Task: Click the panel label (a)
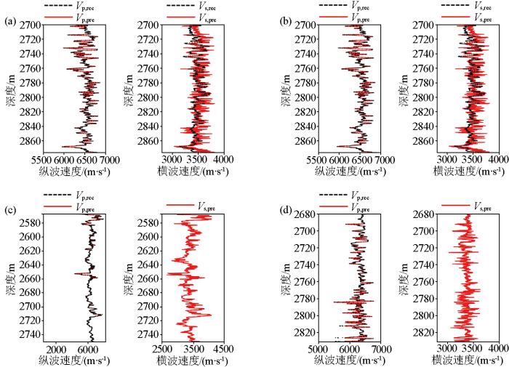coord(9,21)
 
